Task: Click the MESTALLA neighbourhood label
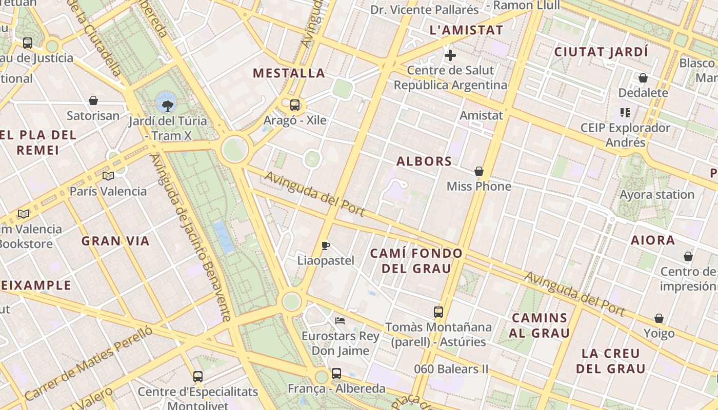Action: (289, 73)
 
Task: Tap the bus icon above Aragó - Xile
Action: (295, 105)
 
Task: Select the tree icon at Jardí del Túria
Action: (167, 106)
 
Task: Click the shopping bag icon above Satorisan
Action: (93, 100)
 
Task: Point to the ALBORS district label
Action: (424, 161)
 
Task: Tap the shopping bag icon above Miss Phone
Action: (479, 171)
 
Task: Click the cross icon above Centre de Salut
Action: (450, 55)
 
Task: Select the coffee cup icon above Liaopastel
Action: (326, 245)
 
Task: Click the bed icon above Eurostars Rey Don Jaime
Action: (340, 321)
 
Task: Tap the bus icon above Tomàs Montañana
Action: (438, 312)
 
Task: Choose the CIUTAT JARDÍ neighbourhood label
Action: (601, 52)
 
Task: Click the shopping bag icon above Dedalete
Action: (643, 78)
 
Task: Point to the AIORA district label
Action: (652, 240)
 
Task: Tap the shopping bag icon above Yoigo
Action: (659, 319)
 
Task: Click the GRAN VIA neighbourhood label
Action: (115, 241)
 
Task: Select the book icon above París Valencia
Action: (108, 176)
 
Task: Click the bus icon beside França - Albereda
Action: (336, 374)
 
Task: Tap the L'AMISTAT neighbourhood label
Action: (466, 30)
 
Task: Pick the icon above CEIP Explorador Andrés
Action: (625, 112)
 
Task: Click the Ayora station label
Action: (657, 195)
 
